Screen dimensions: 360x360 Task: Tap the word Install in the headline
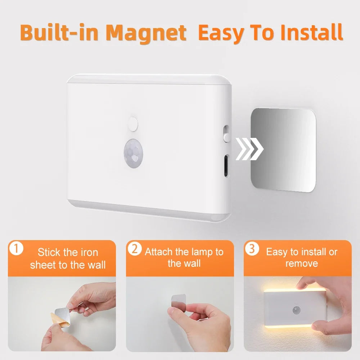pos(311,33)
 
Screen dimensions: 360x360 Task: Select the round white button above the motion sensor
pos(133,124)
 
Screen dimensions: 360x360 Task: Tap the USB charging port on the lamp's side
pos(225,166)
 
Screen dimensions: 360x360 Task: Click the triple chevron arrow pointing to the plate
pos(249,149)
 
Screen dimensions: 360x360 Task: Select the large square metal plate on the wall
pos(283,150)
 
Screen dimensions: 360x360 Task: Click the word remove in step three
pos(302,264)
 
